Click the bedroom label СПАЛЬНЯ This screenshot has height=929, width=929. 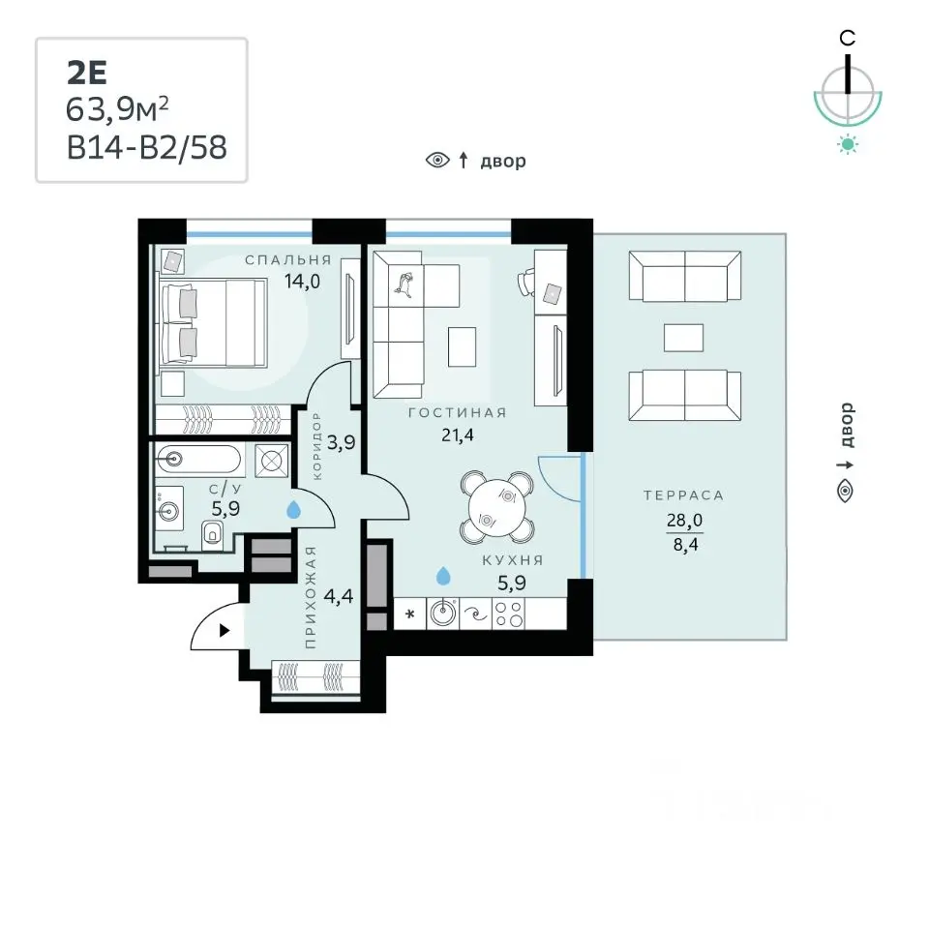coord(288,260)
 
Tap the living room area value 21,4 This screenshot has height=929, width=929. coord(458,435)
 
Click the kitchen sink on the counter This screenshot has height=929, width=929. coord(442,613)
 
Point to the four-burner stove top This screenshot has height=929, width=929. coord(509,614)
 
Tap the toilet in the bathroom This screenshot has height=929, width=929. coord(212,535)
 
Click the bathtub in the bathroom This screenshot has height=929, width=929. coord(198,459)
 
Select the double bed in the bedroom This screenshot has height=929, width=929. coord(213,323)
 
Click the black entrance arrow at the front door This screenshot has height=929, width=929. coord(225,630)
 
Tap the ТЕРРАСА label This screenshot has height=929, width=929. coord(684,495)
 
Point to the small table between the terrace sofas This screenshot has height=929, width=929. coord(684,339)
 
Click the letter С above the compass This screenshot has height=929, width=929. coord(848,39)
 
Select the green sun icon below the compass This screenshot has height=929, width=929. coord(848,144)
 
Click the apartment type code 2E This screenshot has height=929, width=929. coord(86,74)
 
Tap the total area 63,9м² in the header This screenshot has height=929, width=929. coord(117,109)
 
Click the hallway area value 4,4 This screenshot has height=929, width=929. coord(339,596)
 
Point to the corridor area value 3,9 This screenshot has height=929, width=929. coord(342,442)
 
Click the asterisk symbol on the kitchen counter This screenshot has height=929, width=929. coord(410,614)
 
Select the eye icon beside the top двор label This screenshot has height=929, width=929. coord(437,160)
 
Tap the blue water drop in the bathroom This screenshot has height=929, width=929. coord(293,510)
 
